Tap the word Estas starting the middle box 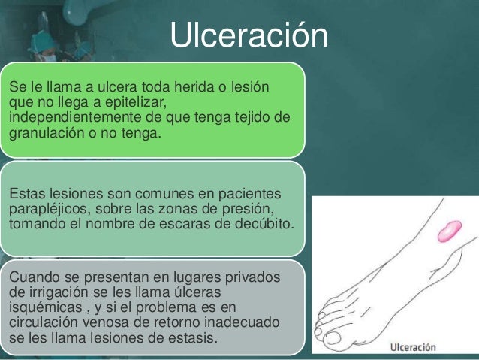click(x=26, y=193)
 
